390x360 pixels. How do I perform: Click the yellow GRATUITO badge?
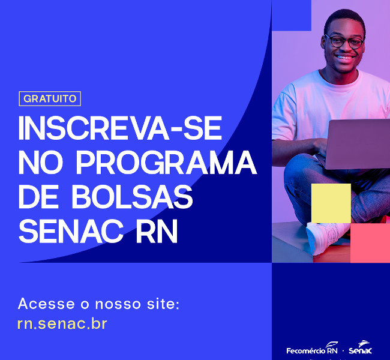point(50,99)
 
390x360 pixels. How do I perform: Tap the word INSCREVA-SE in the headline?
point(120,128)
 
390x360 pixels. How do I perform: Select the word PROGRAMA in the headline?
point(166,163)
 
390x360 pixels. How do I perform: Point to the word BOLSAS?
point(132,197)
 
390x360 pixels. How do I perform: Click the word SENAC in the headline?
point(71,231)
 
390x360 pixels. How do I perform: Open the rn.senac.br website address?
point(62,323)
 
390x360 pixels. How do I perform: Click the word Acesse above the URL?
point(46,304)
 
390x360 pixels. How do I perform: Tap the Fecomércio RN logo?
point(312,349)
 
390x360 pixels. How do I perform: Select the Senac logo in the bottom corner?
point(361,347)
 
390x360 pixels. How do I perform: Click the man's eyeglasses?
point(345,41)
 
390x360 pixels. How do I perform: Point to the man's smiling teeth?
point(345,58)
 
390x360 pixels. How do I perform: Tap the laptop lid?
point(358,144)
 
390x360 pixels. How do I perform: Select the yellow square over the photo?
point(331,203)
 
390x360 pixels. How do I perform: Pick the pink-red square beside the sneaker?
point(370,243)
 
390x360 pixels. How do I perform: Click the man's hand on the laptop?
point(321,146)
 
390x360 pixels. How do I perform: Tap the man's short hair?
point(344,20)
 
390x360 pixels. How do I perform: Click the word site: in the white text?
point(163,304)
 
